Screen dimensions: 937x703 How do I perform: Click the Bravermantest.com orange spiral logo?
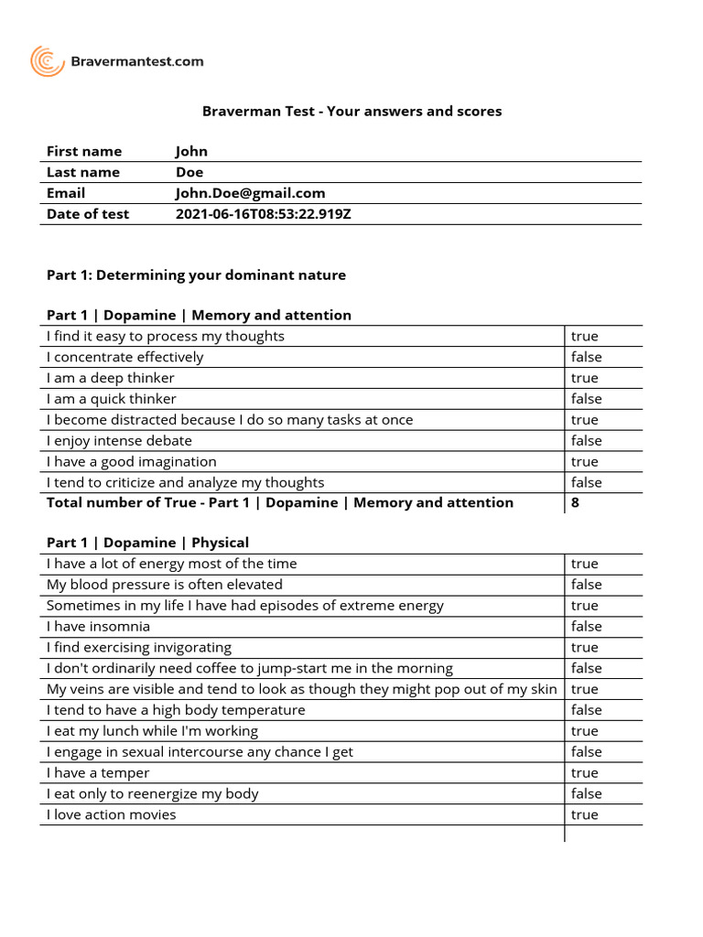48,61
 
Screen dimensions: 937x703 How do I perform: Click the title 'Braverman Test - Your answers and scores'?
351,111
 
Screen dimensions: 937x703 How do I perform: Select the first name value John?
191,151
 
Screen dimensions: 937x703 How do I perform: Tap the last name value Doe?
189,172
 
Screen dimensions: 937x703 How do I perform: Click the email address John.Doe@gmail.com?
250,193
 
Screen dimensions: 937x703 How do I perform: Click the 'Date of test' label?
88,214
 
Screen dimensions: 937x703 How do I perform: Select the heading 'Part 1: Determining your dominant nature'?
196,275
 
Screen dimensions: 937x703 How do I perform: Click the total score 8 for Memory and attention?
575,502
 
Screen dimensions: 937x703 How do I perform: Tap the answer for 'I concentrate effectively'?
586,357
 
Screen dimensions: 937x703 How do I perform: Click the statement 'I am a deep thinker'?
110,378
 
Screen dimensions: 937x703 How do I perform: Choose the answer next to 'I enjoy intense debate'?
586,441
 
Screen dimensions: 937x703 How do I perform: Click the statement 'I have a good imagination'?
131,462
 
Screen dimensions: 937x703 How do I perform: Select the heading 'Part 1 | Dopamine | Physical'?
147,543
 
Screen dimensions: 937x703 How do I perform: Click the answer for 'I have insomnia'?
586,627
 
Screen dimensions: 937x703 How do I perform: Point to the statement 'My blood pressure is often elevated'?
164,585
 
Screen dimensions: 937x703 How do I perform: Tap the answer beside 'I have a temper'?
584,773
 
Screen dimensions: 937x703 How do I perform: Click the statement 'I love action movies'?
111,815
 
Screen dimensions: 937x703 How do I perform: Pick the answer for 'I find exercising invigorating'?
584,648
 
